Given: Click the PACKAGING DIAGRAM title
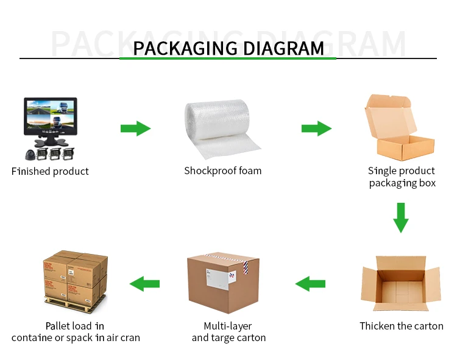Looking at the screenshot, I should (x=228, y=48).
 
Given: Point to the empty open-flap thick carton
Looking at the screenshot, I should (x=400, y=284).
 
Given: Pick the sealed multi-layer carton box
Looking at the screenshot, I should (x=223, y=283).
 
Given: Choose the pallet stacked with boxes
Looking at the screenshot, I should (x=75, y=281).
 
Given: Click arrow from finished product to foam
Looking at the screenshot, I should (x=135, y=128).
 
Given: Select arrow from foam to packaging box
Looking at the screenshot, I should (x=316, y=128).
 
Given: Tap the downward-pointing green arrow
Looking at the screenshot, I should (x=400, y=217).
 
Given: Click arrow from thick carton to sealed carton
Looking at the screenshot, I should (x=310, y=283).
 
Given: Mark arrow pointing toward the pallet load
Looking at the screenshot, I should (x=145, y=283).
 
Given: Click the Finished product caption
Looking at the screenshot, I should (x=50, y=171).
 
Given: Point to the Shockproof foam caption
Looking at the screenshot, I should (x=223, y=171).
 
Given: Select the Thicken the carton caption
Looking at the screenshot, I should (x=401, y=326).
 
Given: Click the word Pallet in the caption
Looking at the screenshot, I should (x=60, y=326).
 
